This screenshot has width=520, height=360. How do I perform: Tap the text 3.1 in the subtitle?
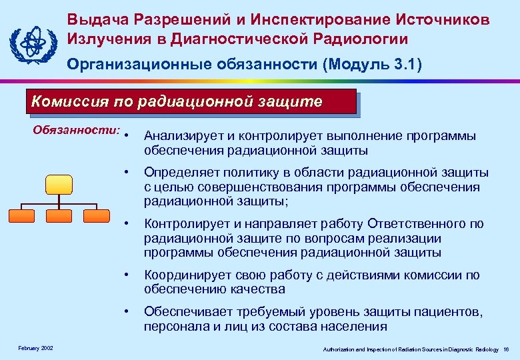click(x=403, y=64)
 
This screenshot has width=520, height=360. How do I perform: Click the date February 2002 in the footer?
click(x=36, y=349)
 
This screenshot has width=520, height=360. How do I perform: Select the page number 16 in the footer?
click(x=507, y=349)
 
